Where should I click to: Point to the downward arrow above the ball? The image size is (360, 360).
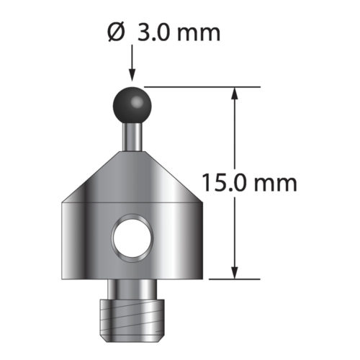coord(131,68)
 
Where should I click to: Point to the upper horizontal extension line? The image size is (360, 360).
coord(202,86)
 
